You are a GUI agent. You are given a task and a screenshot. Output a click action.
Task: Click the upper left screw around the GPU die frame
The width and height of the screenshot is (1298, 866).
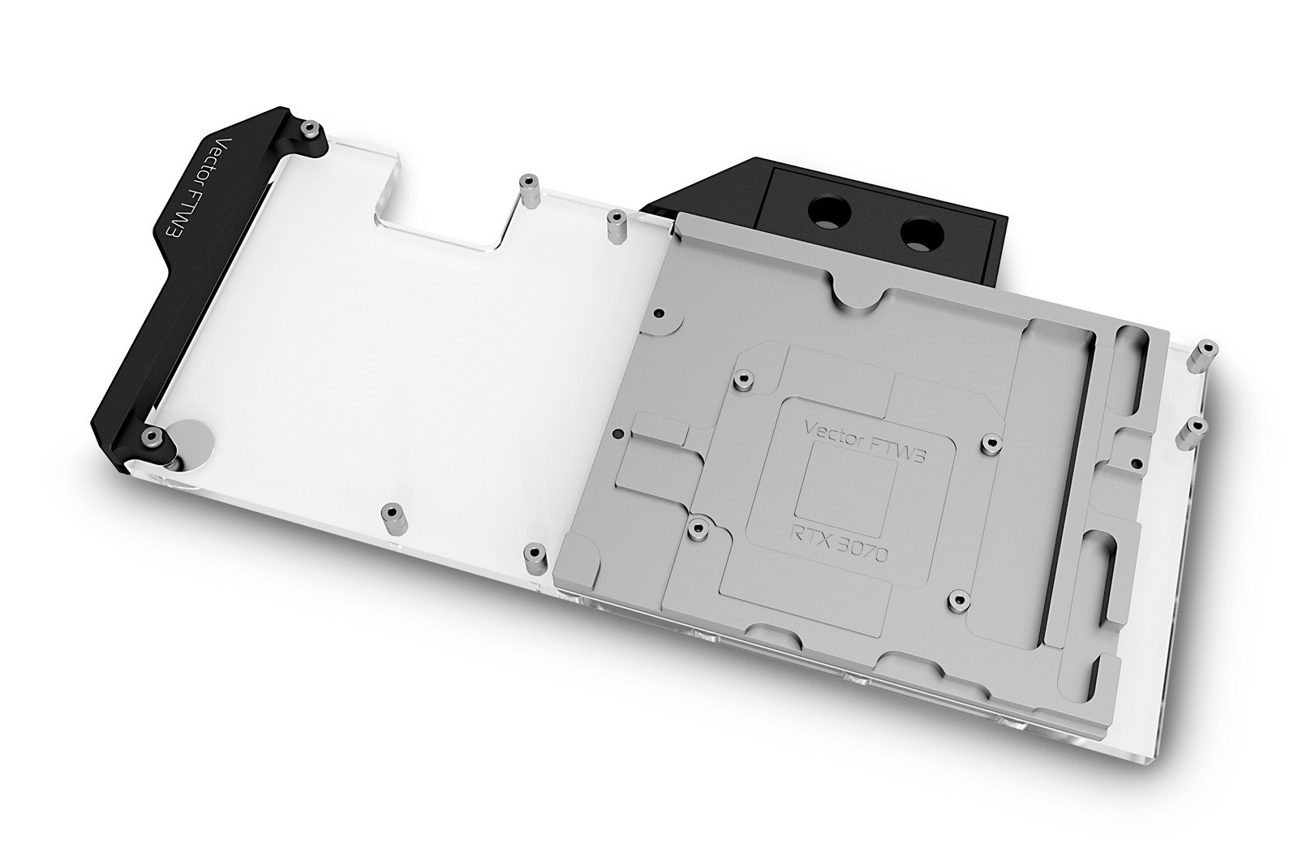point(742,378)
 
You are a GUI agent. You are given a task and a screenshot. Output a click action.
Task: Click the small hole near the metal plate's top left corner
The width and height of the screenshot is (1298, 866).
point(660,312)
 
